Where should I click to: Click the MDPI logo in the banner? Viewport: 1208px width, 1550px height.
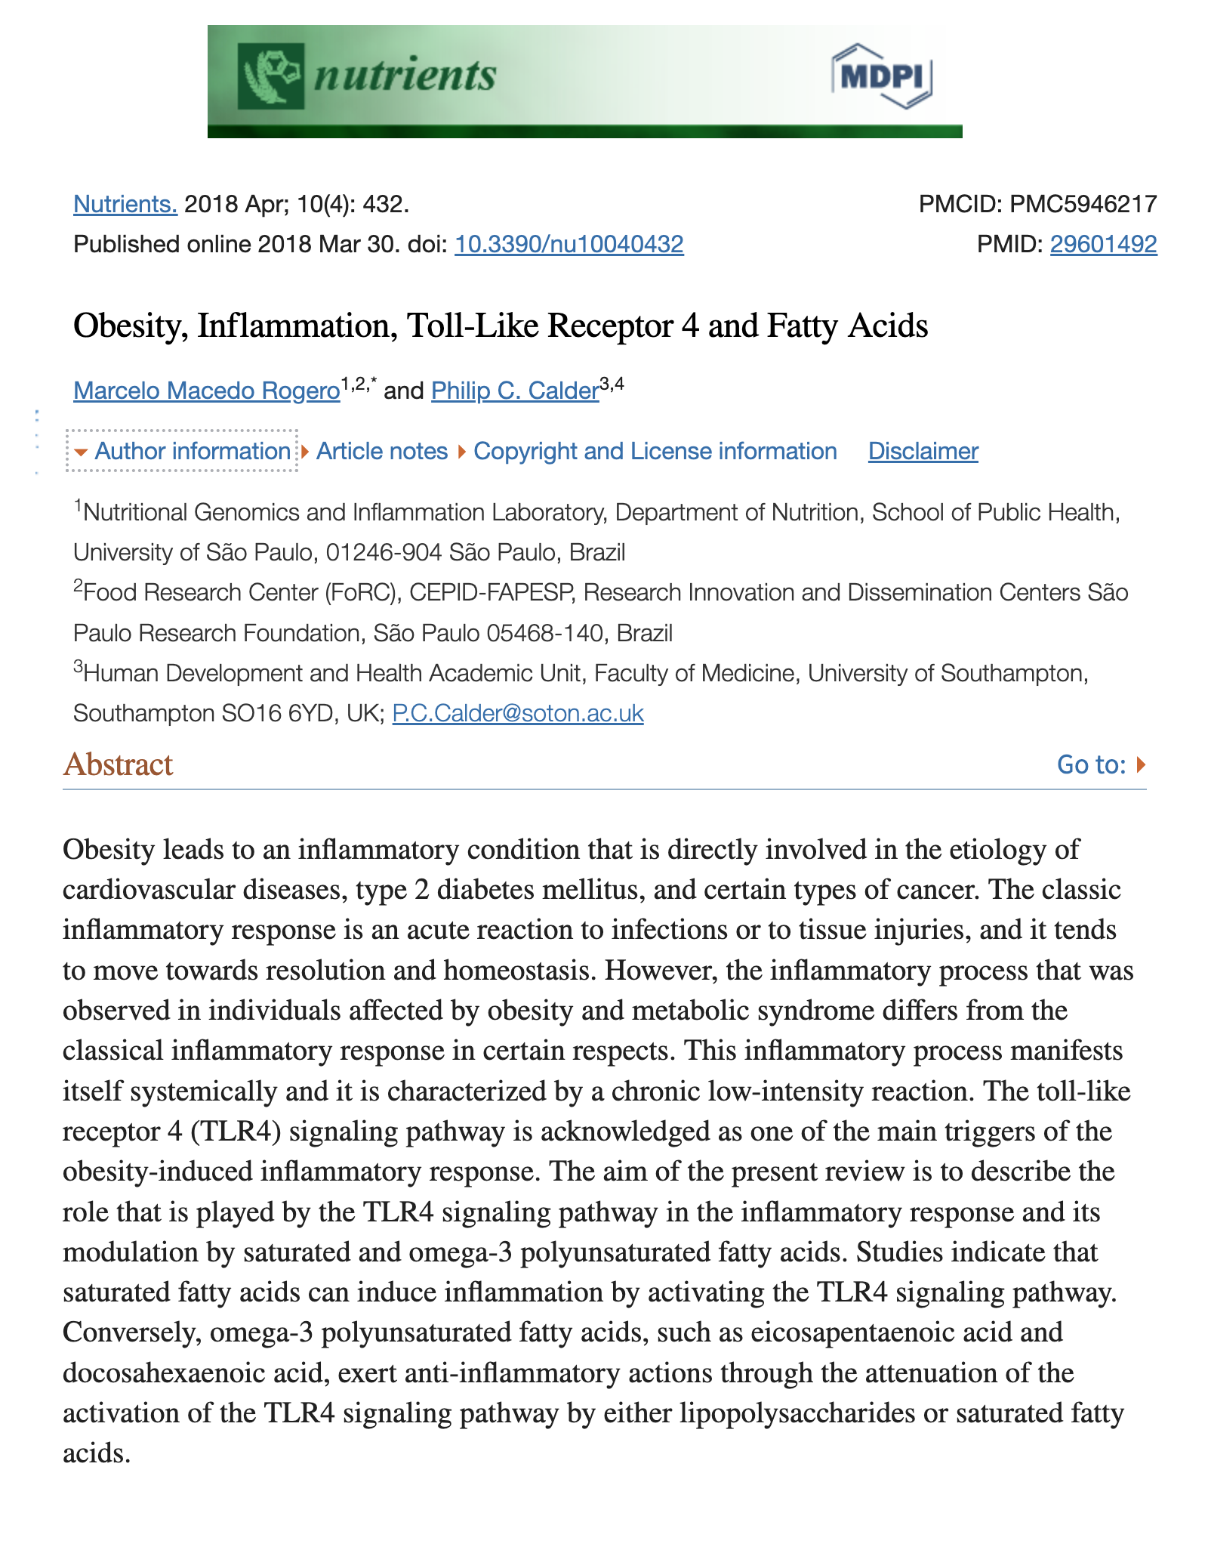pyautogui.click(x=881, y=76)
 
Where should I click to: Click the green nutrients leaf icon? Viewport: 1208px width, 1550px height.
pyautogui.click(x=271, y=76)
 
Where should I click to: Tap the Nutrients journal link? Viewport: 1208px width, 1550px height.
pyautogui.click(x=125, y=204)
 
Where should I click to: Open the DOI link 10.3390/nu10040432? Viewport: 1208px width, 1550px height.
pyautogui.click(x=569, y=244)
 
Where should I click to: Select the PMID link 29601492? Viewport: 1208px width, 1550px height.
pyautogui.click(x=1103, y=244)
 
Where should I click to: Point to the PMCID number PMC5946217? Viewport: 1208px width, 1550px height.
pyautogui.click(x=1083, y=204)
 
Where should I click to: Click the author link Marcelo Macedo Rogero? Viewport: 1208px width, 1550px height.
pyautogui.click(x=206, y=391)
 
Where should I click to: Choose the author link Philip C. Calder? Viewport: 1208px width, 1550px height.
pyautogui.click(x=515, y=391)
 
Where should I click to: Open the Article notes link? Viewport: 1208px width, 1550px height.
pyautogui.click(x=381, y=451)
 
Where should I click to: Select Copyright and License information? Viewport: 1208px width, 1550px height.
pyautogui.click(x=655, y=451)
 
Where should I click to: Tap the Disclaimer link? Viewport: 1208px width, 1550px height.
pyautogui.click(x=923, y=451)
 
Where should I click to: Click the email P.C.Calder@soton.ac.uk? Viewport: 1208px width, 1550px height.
pyautogui.click(x=518, y=713)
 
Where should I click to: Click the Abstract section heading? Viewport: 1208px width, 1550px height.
pyautogui.click(x=119, y=764)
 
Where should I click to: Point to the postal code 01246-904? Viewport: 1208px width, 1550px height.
pyautogui.click(x=384, y=552)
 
